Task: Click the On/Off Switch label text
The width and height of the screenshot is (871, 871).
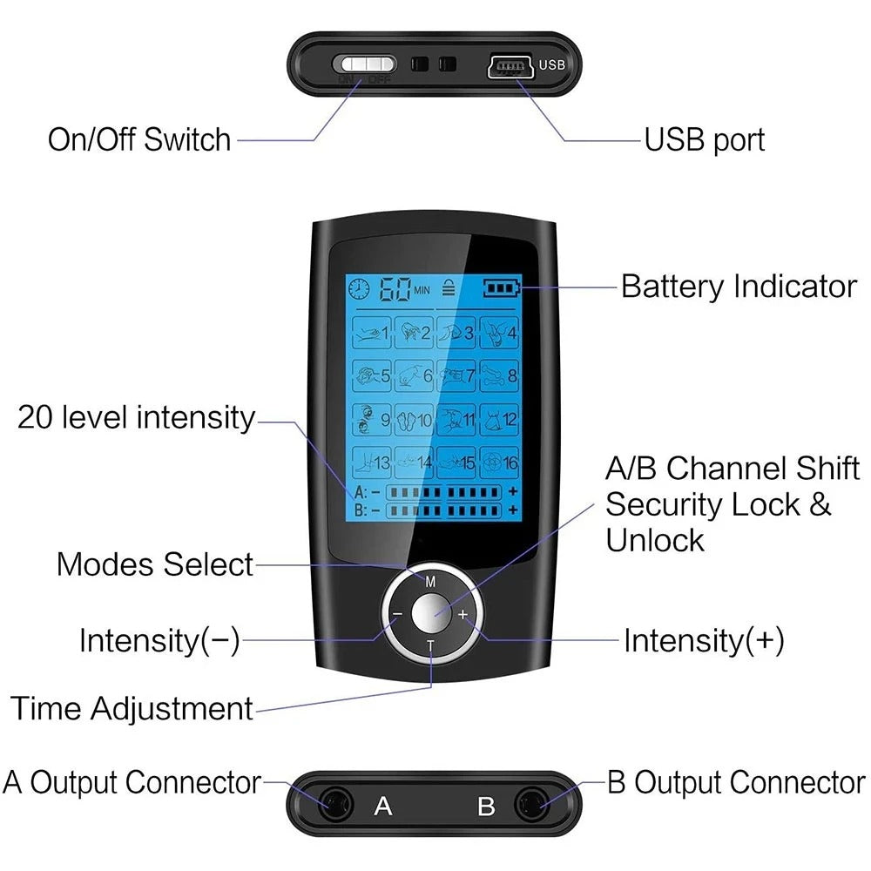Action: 139,139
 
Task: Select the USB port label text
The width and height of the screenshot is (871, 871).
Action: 704,139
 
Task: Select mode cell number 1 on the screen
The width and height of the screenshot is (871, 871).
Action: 371,332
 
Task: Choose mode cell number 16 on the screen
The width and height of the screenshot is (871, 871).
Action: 500,462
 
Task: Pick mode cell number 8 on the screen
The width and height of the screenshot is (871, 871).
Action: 500,375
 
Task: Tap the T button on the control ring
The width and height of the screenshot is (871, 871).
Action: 430,645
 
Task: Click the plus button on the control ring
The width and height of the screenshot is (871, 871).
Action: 463,614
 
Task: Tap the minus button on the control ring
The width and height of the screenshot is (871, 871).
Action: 397,614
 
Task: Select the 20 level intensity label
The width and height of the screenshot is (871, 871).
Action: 136,417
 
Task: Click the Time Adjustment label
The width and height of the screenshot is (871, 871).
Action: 132,707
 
